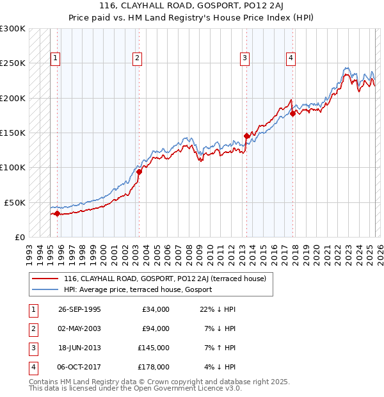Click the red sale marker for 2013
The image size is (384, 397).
tap(246, 136)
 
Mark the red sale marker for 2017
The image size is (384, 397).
tap(292, 113)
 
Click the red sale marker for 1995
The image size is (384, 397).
tap(57, 213)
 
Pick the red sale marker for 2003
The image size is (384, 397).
tap(139, 172)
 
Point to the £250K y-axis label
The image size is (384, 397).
tap(13, 63)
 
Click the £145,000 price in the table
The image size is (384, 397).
tap(154, 348)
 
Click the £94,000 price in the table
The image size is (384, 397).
tap(156, 328)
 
